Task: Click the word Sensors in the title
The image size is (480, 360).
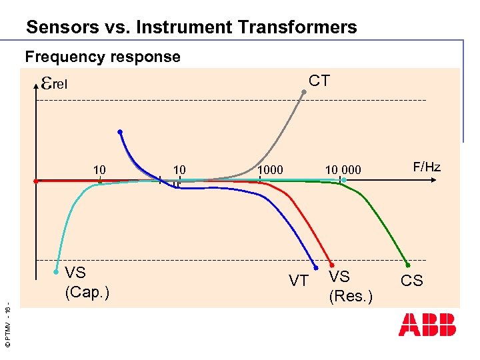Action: (x=55, y=27)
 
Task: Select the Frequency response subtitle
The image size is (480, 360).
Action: (x=103, y=57)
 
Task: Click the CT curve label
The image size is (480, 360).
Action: (x=319, y=81)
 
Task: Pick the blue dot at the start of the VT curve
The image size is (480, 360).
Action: (x=120, y=132)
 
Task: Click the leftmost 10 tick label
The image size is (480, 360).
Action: (x=99, y=170)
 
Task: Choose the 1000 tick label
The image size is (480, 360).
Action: (x=271, y=170)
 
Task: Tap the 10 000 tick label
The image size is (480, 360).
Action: (x=343, y=170)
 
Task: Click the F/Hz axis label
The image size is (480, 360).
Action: (x=427, y=167)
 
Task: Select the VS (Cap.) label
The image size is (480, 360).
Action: (x=87, y=282)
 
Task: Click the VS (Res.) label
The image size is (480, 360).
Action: (x=350, y=286)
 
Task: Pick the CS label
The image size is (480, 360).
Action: (x=411, y=281)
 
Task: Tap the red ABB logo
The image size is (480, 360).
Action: (x=427, y=324)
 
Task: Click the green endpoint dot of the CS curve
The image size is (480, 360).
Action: (x=408, y=265)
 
